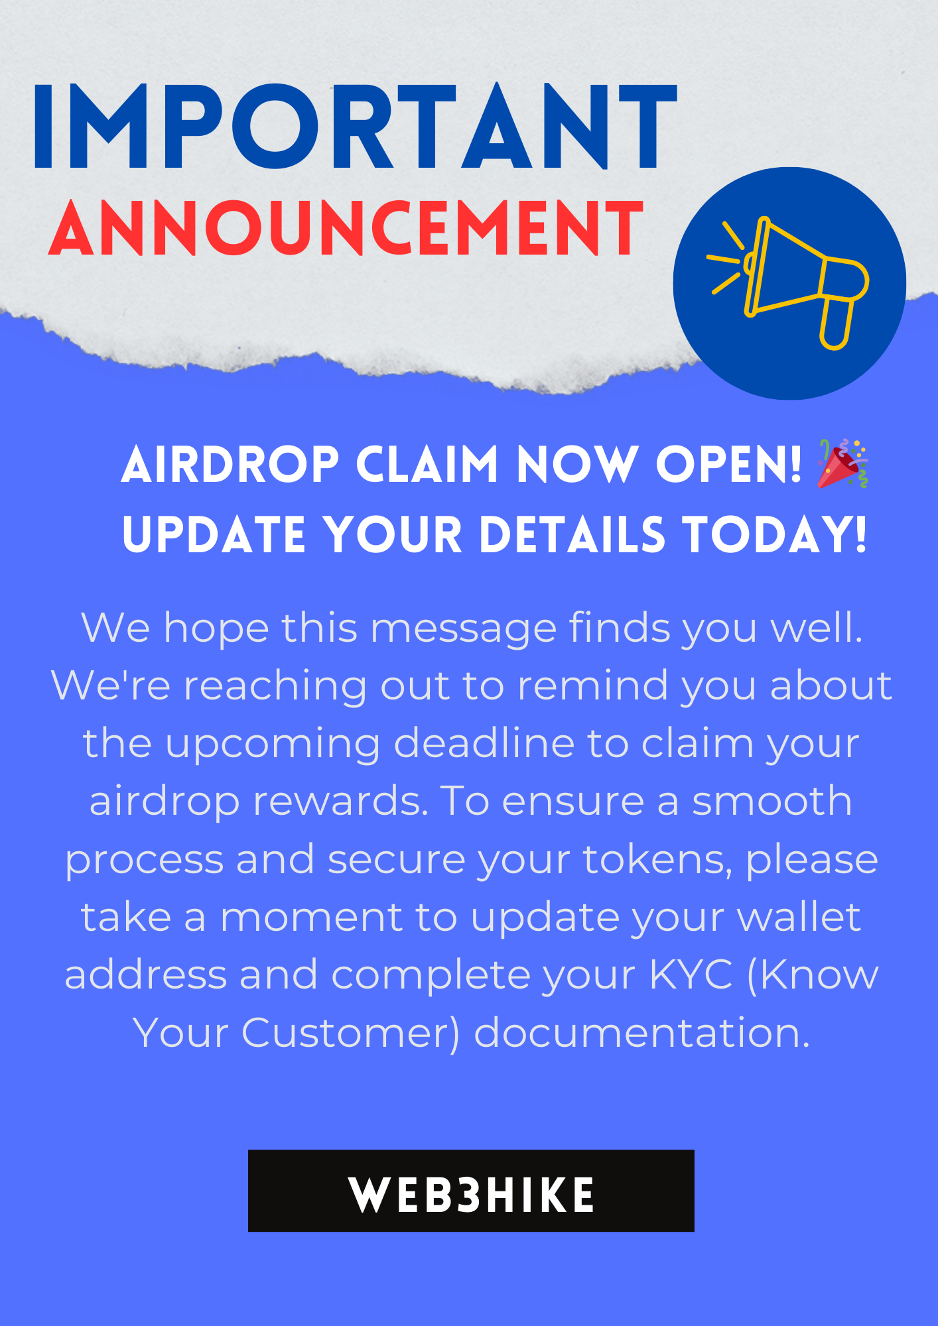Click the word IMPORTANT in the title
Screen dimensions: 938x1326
click(x=355, y=126)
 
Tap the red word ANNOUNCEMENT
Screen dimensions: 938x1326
click(x=346, y=228)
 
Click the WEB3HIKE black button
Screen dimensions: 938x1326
click(x=471, y=1191)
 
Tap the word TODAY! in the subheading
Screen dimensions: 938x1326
click(x=774, y=534)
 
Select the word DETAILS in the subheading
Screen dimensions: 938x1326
click(x=572, y=534)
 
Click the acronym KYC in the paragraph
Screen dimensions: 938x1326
click(x=691, y=974)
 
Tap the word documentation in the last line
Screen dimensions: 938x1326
click(x=641, y=1033)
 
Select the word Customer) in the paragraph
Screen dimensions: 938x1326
click(x=350, y=1034)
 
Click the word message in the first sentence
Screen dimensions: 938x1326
click(x=463, y=629)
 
